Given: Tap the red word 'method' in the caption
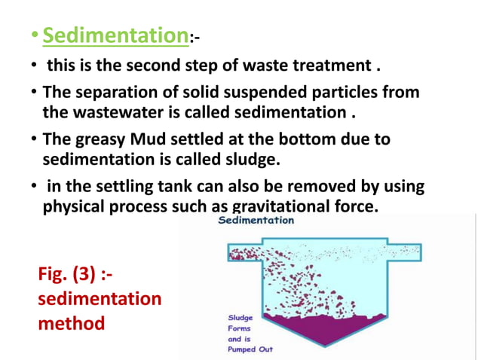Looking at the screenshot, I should tap(71, 323).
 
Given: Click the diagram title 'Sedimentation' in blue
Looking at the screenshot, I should tap(256, 221).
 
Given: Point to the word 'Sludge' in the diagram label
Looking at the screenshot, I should tap(240, 317).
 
